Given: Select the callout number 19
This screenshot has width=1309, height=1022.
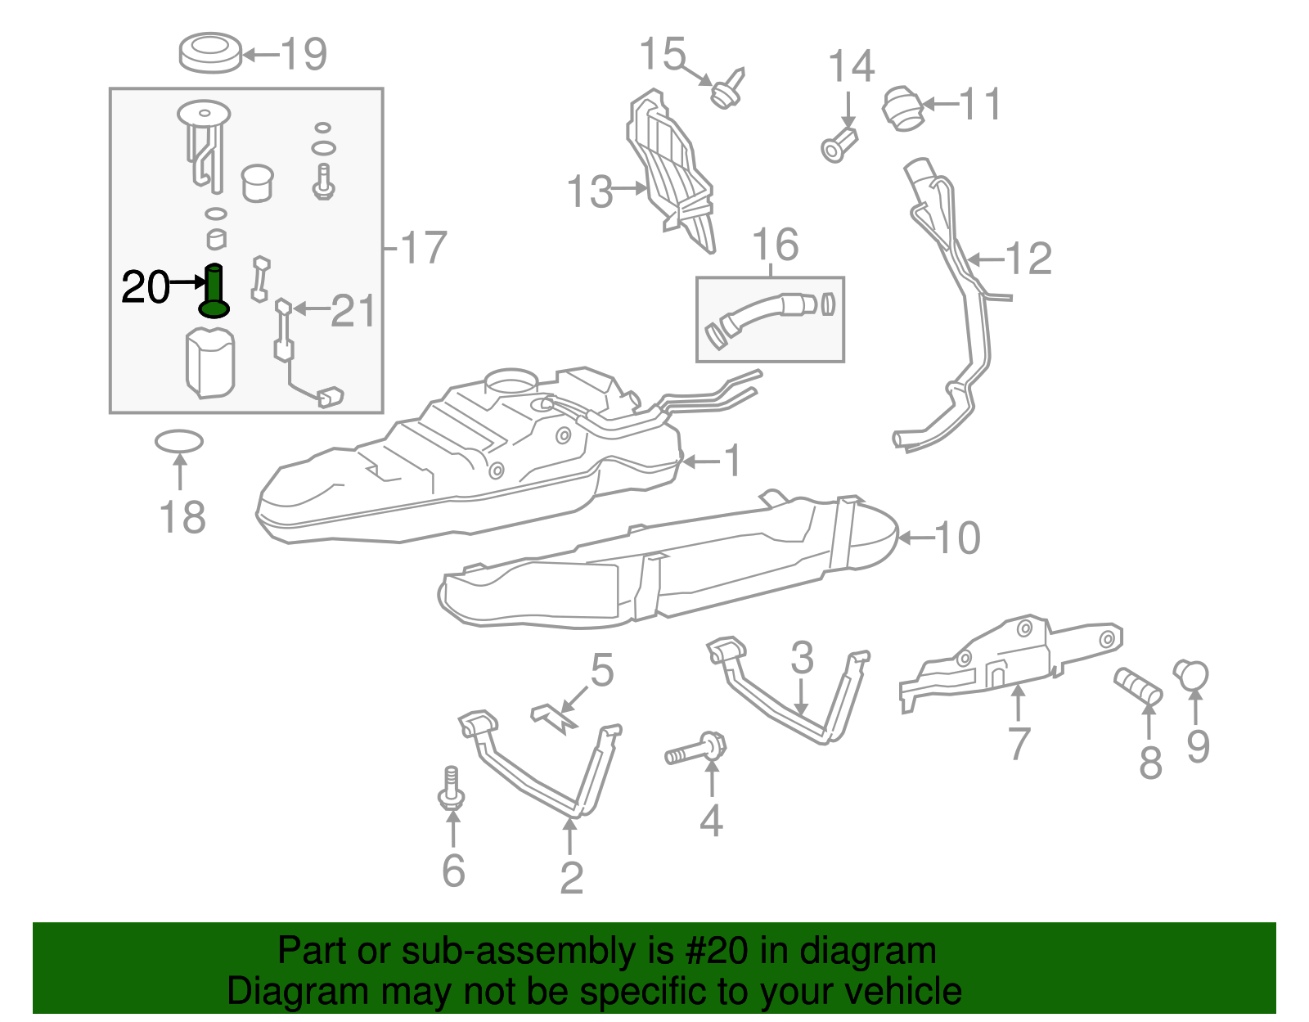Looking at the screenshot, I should pos(304,54).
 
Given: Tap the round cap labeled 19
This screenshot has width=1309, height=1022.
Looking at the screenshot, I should pos(210,52).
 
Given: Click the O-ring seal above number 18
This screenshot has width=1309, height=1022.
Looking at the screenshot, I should pos(179,442).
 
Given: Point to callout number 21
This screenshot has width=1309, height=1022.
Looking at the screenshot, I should pos(353,311).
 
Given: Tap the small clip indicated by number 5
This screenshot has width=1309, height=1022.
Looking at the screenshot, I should pos(553,717).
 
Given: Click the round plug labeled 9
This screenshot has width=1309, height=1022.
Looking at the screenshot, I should pos(1192,675).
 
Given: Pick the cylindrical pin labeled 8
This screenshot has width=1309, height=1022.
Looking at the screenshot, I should pos(1139,687).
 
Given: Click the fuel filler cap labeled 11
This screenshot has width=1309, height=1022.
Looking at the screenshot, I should pos(903,108).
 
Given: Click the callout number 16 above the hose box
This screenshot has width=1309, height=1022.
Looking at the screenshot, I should pos(776,245).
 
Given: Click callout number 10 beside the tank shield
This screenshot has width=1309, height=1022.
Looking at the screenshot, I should pos(956,538).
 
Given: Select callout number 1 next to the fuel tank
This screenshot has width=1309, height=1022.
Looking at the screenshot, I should pos(732,461).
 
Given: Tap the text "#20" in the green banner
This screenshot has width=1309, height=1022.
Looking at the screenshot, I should pos(712,951).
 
